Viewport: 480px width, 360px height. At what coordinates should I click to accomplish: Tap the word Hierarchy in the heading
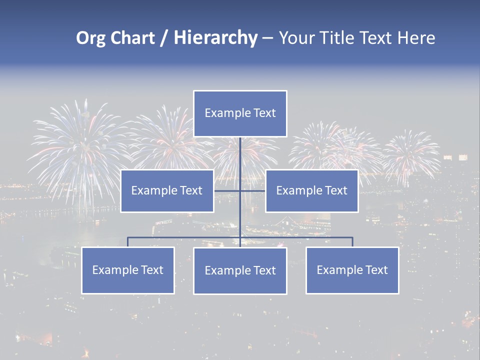[x=215, y=38]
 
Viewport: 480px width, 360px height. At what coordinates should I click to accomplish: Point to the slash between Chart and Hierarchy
[x=164, y=38]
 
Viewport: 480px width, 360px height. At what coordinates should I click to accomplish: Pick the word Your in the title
[x=296, y=38]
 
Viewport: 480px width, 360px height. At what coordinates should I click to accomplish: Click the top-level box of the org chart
[x=240, y=113]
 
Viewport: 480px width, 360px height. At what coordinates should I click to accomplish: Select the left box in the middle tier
[x=167, y=191]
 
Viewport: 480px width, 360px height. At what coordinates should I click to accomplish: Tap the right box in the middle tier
[x=311, y=191]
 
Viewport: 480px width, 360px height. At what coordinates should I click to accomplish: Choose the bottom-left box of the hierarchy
[x=128, y=270]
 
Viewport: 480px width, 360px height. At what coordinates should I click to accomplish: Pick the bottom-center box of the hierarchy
[x=240, y=271]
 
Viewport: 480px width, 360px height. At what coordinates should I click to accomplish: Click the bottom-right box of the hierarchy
[x=352, y=270]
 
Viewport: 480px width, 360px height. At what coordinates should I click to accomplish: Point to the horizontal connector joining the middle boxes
[x=227, y=190]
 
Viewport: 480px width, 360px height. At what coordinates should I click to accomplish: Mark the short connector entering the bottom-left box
[x=128, y=242]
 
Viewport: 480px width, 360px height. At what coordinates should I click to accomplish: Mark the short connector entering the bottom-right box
[x=352, y=242]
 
